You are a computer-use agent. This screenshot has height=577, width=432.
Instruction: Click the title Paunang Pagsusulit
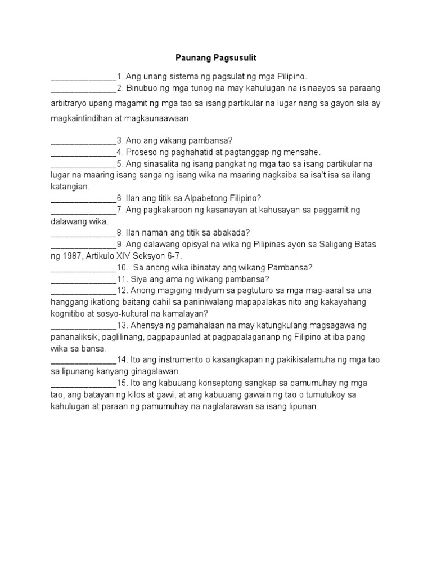pyautogui.click(x=216, y=58)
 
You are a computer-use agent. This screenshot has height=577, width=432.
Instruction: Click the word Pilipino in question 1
pyautogui.click(x=290, y=76)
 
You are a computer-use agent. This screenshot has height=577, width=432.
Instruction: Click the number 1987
pyautogui.click(x=71, y=255)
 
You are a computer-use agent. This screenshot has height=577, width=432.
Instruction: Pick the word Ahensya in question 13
pyautogui.click(x=148, y=325)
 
